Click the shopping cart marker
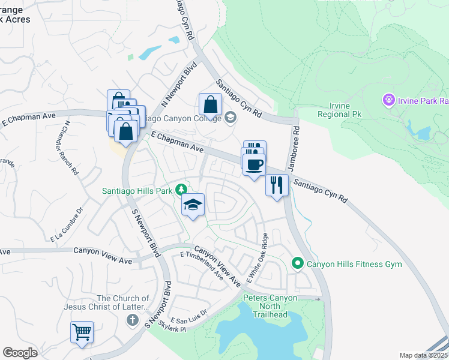click(82, 331)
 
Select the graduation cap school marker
click(193, 205)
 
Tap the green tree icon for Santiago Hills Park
click(181, 191)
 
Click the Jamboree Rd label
click(296, 140)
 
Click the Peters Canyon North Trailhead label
click(270, 306)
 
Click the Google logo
click(20, 352)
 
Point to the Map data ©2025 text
click(423, 355)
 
